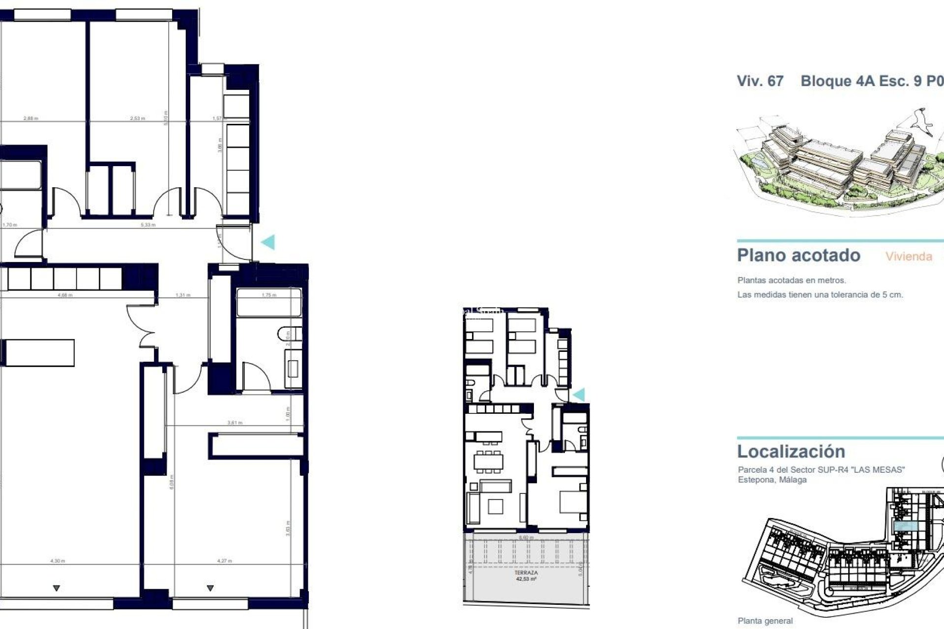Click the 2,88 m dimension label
[30, 118]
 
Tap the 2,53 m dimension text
[138, 118]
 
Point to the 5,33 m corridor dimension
[148, 225]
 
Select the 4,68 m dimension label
[65, 295]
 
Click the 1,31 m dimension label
[183, 295]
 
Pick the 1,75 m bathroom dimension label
[269, 295]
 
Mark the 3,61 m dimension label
[235, 423]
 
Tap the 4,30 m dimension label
[58, 561]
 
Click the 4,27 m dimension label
[224, 561]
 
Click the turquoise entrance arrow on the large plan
[268, 242]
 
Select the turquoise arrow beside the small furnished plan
[579, 395]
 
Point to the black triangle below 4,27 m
[210, 588]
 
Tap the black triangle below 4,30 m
[57, 588]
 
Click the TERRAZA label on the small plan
[526, 573]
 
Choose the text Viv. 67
[760, 81]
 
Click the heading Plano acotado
[798, 256]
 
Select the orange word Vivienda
[909, 257]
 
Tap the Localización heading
[791, 452]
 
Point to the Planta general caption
[765, 621]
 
